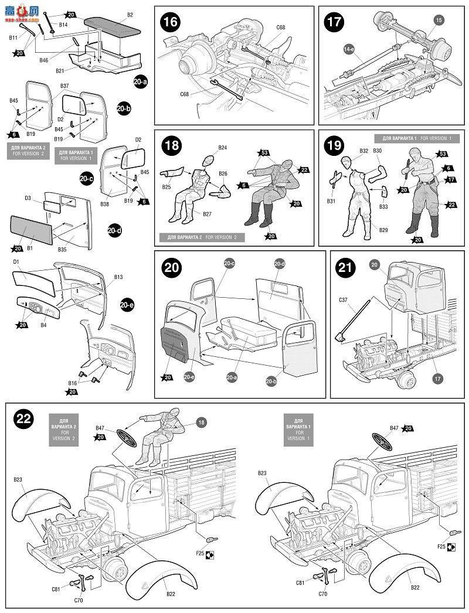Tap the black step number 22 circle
23,420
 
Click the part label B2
130,14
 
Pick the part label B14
63,25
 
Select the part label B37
64,87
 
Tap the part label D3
28,198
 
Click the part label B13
118,277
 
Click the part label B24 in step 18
223,148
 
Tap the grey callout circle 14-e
350,50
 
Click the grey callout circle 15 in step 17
439,21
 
